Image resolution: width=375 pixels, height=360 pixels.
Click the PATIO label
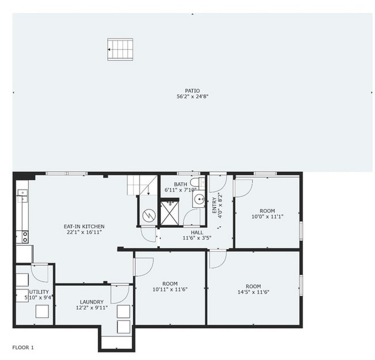click(x=192, y=91)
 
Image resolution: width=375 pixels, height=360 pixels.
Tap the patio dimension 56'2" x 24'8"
click(x=192, y=97)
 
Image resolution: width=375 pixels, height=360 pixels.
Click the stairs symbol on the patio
click(x=120, y=49)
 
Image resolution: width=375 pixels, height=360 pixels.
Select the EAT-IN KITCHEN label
click(x=84, y=226)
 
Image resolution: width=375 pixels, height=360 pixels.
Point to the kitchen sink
click(x=22, y=197)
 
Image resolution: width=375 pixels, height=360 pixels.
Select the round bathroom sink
click(x=199, y=200)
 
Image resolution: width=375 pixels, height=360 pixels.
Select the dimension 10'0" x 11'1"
click(x=267, y=217)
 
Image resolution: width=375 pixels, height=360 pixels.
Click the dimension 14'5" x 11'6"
click(x=253, y=292)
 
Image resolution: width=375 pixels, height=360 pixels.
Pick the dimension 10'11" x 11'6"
click(x=170, y=289)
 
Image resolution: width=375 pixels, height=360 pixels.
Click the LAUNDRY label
click(x=92, y=302)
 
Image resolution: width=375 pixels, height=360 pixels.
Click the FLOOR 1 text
click(x=23, y=347)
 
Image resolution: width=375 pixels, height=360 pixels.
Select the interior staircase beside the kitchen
click(x=142, y=185)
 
